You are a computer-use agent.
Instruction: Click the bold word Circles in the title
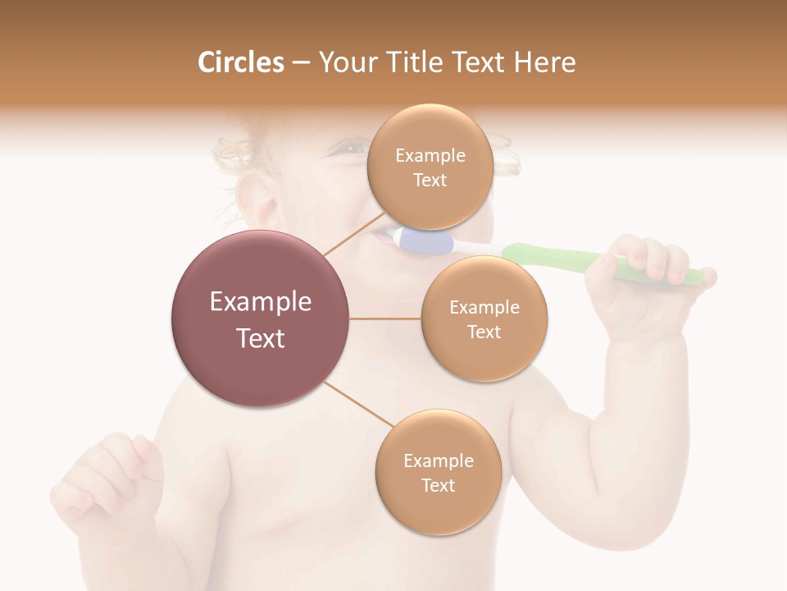(x=240, y=62)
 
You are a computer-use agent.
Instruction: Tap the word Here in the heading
(x=544, y=62)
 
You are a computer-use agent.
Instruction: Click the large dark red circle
(x=260, y=318)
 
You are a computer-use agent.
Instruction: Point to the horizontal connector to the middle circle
(x=385, y=318)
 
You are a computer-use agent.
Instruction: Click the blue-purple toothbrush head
(x=426, y=241)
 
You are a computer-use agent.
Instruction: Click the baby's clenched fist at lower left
(x=111, y=476)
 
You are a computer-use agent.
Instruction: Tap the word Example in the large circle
(x=260, y=302)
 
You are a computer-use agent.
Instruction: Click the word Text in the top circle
(x=430, y=181)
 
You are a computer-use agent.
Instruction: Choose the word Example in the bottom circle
(x=438, y=461)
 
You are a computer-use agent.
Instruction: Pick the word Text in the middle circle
(x=484, y=332)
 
